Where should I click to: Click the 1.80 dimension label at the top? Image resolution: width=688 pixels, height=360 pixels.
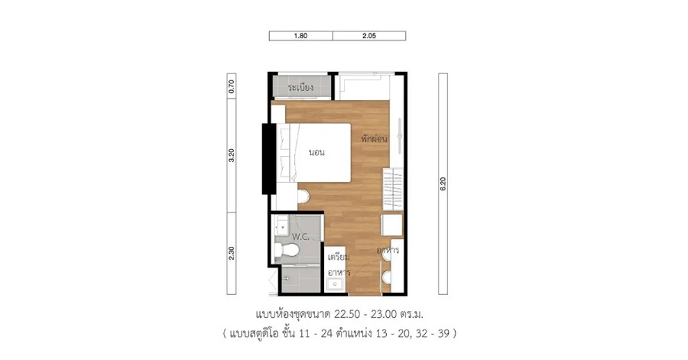click(x=300, y=36)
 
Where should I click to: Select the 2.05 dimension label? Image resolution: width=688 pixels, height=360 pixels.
click(x=369, y=36)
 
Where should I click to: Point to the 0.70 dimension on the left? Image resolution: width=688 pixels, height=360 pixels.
click(x=232, y=86)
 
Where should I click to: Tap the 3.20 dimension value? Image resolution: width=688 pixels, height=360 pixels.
click(x=232, y=155)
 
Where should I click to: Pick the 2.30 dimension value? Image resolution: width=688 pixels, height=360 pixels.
click(x=232, y=253)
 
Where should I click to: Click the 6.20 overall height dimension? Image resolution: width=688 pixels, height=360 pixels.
click(x=443, y=183)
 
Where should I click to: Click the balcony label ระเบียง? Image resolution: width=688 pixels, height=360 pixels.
click(x=300, y=87)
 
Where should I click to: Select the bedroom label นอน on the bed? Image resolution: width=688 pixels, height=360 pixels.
click(x=316, y=153)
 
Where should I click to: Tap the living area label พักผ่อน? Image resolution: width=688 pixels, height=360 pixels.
click(x=375, y=139)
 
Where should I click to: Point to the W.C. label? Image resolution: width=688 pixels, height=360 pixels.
click(x=300, y=237)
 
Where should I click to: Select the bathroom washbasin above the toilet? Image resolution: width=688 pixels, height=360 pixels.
click(x=281, y=227)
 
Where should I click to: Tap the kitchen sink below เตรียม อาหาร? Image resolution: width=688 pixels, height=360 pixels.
click(x=335, y=284)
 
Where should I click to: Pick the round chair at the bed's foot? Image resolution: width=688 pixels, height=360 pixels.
click(x=303, y=196)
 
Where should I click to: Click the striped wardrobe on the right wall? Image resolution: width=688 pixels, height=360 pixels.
click(x=393, y=190)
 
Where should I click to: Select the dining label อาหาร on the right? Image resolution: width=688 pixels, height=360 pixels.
click(x=388, y=250)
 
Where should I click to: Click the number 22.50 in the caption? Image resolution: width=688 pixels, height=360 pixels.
click(x=347, y=314)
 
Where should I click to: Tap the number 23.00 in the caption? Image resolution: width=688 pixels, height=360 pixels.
click(x=384, y=314)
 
